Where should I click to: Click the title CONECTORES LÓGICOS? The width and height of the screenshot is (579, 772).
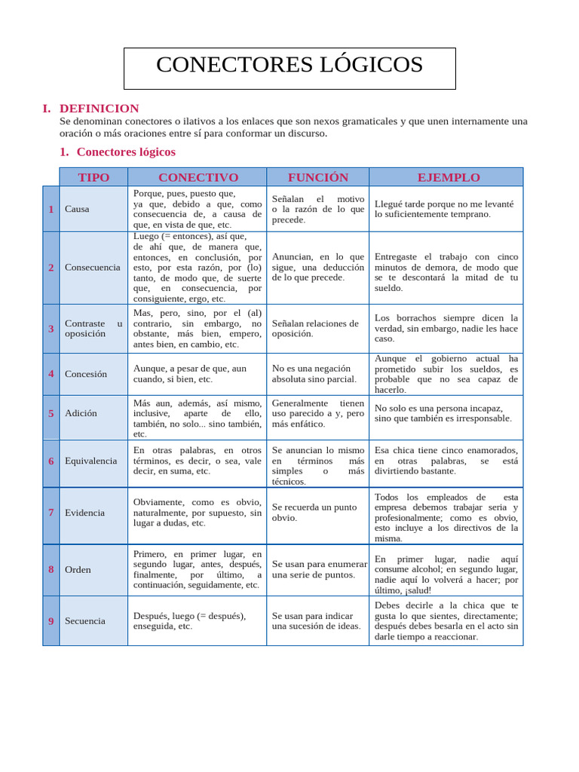289,66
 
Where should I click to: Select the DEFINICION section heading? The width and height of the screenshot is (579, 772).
99,109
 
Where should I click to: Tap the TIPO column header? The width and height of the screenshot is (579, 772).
93,177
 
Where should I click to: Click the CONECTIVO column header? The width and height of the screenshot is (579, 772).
198,177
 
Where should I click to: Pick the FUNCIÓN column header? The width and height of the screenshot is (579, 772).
317,177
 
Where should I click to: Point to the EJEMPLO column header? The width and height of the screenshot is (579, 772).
448,177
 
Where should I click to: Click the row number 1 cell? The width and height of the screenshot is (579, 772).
51,209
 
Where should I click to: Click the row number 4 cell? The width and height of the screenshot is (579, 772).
51,374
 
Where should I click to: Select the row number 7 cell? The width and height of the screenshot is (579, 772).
51,513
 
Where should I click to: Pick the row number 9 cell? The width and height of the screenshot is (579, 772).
51,621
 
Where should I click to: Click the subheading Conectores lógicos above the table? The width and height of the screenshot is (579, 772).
125,152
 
